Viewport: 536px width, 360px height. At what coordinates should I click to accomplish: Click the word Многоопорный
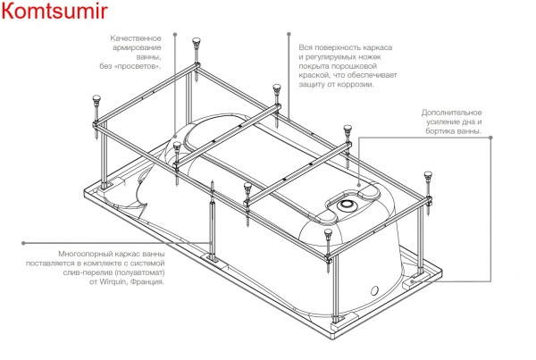pyautogui.click(x=83, y=255)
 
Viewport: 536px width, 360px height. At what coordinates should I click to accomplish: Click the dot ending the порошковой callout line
pyautogui.click(x=287, y=36)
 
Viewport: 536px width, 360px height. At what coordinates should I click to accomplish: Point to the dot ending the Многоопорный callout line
pyautogui.click(x=25, y=241)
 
